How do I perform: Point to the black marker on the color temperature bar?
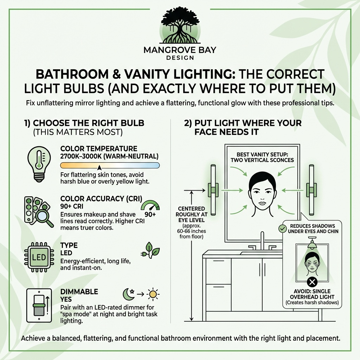coord(99,168)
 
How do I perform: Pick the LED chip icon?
coord(39,257)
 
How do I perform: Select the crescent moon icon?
coord(127,293)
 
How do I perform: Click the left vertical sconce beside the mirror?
coord(213,190)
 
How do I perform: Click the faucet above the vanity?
coord(262,242)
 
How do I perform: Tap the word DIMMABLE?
coord(79,292)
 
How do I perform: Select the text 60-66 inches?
coord(191,232)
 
